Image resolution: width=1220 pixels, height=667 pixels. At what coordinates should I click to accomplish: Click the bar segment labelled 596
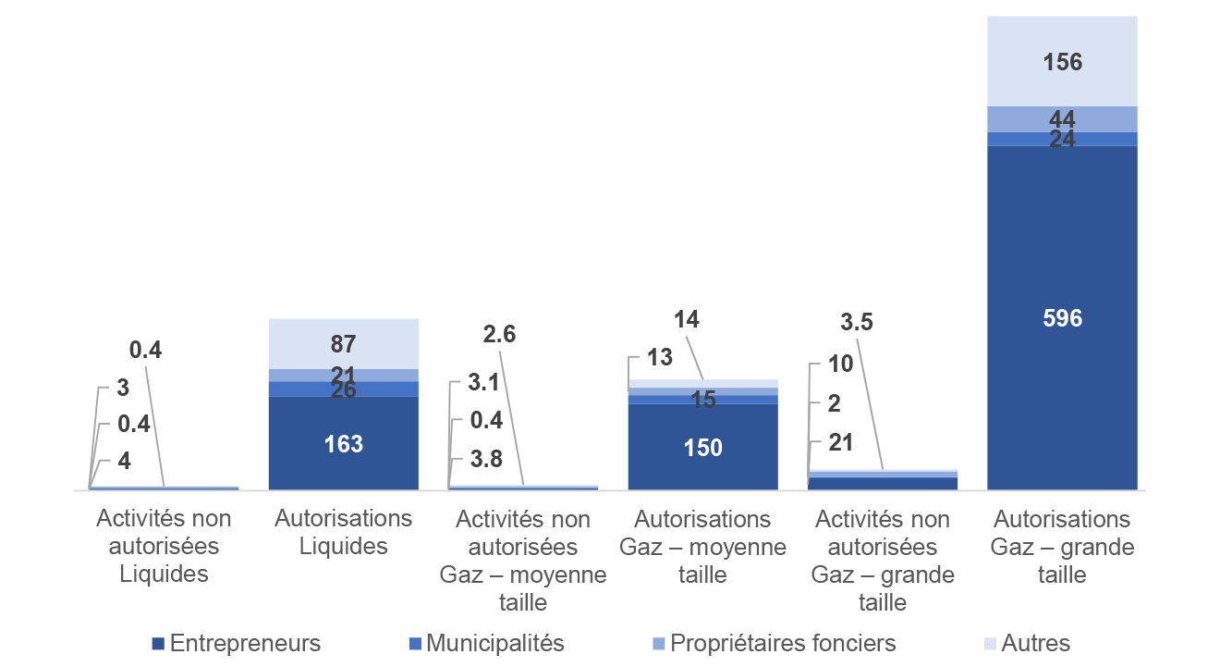pyautogui.click(x=1062, y=317)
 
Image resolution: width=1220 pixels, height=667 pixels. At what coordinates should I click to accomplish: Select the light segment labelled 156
pyautogui.click(x=1062, y=62)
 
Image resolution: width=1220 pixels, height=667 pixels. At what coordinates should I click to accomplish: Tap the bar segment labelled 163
pyautogui.click(x=343, y=443)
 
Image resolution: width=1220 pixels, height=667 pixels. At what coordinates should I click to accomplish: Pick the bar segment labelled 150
pyautogui.click(x=702, y=447)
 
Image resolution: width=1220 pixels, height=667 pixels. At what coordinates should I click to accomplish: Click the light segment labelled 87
pyautogui.click(x=343, y=344)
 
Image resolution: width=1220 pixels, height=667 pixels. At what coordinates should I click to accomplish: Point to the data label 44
pyautogui.click(x=1062, y=118)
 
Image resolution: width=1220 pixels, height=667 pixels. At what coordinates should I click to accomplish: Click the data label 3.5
pyautogui.click(x=856, y=323)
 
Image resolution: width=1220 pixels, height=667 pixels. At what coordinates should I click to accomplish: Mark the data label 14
pyautogui.click(x=686, y=320)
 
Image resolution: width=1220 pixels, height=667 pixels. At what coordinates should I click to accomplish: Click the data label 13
pyautogui.click(x=660, y=357)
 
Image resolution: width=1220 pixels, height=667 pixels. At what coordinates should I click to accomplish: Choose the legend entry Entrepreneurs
pyautogui.click(x=237, y=643)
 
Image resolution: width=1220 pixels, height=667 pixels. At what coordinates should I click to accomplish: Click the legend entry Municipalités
pyautogui.click(x=486, y=643)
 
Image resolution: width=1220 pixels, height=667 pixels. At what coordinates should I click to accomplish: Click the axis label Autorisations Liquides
pyautogui.click(x=343, y=532)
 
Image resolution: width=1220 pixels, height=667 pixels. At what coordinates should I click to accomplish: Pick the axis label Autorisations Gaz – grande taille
pyautogui.click(x=1062, y=547)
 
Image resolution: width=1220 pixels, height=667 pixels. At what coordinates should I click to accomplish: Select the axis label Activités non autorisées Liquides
pyautogui.click(x=164, y=546)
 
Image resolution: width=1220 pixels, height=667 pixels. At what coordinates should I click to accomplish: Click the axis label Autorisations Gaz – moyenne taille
pyautogui.click(x=702, y=547)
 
